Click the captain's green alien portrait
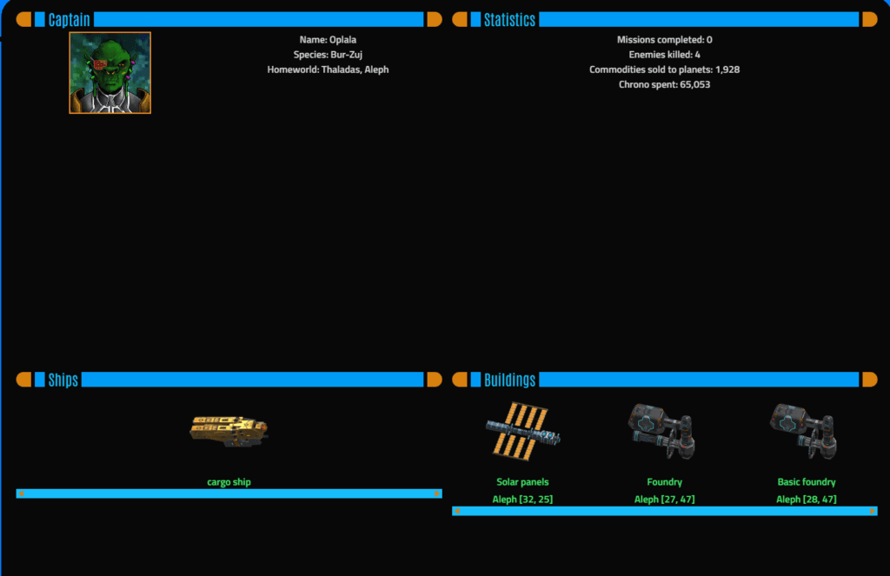tap(110, 73)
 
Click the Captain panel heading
tap(70, 20)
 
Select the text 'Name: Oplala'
tap(328, 40)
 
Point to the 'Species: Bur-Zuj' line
tap(328, 55)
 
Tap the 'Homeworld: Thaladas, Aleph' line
tap(328, 70)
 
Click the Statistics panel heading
tap(509, 20)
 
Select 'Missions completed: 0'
tap(664, 40)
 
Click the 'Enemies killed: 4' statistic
tap(664, 55)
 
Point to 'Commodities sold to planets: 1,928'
tap(664, 70)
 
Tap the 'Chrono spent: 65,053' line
tap(664, 84)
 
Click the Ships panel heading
tap(63, 380)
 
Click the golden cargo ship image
tap(229, 429)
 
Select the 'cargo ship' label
tap(229, 482)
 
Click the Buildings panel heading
tap(509, 380)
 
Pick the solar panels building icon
tap(522, 429)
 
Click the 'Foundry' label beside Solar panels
tap(664, 482)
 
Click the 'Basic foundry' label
tap(806, 482)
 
